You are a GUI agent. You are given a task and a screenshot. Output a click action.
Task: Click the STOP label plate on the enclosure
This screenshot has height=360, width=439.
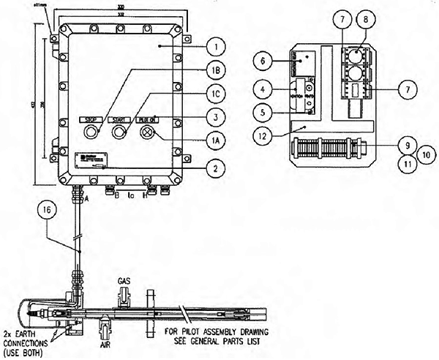91,119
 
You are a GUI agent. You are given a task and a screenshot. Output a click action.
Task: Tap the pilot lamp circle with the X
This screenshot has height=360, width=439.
146,133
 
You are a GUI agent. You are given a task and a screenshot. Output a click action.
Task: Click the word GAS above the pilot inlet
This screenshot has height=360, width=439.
124,280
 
